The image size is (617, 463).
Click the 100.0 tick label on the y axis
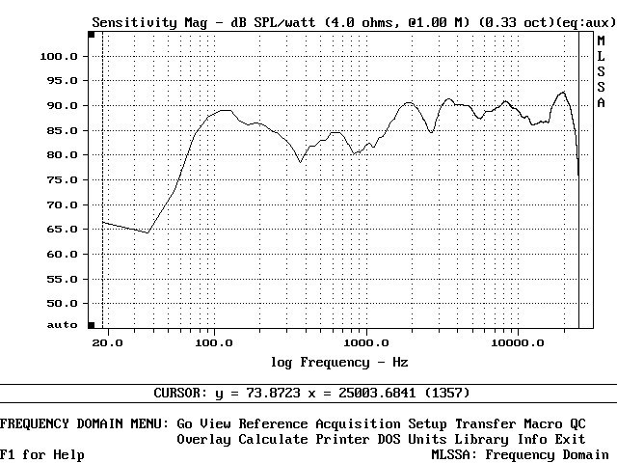tap(58, 56)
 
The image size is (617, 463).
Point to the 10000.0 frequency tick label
tap(517, 342)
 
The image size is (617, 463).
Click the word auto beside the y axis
tap(62, 326)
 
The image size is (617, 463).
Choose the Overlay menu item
tap(203, 439)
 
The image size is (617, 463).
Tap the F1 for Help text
tap(41, 454)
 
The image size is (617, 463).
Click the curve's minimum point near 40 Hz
tap(148, 232)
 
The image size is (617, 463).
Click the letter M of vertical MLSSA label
tap(601, 41)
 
